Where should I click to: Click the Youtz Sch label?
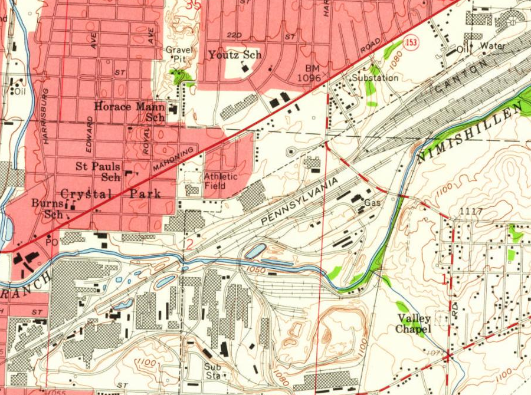click(x=235, y=55)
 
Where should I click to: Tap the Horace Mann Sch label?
click(x=130, y=112)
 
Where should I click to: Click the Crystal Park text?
click(x=110, y=194)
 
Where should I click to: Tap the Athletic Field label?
click(x=221, y=181)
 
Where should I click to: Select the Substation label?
click(x=375, y=78)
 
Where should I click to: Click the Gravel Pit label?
click(x=175, y=54)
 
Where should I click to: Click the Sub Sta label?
click(x=212, y=370)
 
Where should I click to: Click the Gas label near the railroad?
click(x=371, y=202)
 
